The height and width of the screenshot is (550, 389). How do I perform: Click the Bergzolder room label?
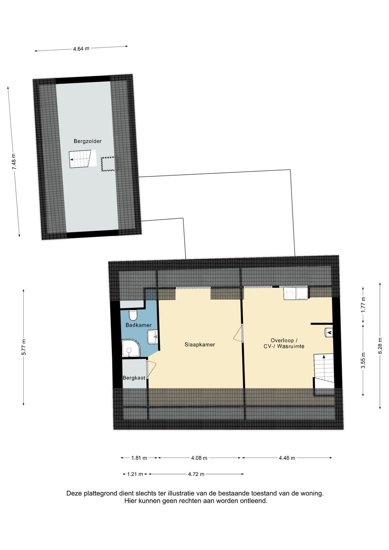[x=88, y=141]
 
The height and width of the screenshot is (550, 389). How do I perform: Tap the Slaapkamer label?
[x=200, y=345]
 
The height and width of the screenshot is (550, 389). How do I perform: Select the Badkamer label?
[x=138, y=325]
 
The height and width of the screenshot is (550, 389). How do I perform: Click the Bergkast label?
[x=134, y=378]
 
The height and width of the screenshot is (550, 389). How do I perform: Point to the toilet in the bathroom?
[x=133, y=315]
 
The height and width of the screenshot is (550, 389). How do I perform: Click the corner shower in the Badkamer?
[x=130, y=348]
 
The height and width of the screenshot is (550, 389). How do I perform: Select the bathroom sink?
[x=153, y=337]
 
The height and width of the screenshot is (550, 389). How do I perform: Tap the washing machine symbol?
[x=289, y=294]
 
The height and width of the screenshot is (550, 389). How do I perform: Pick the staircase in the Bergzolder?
[x=80, y=159]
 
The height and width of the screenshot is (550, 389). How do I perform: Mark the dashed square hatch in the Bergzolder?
[x=108, y=165]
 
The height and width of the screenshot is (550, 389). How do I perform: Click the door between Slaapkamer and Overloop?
[x=239, y=333]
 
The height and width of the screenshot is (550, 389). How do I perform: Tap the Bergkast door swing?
[x=151, y=369]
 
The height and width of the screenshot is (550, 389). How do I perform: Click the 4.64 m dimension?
[x=81, y=49]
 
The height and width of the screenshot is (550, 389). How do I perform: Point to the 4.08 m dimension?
[x=199, y=458]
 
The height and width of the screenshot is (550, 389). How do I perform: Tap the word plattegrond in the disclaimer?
[x=100, y=493]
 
